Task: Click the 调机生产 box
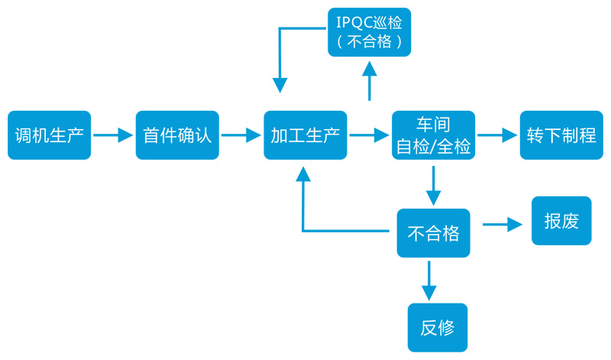pyautogui.click(x=49, y=135)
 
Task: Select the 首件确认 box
pyautogui.click(x=177, y=135)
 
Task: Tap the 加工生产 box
pyautogui.click(x=305, y=135)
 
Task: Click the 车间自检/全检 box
pyautogui.click(x=433, y=135)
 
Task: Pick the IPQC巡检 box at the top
pyautogui.click(x=370, y=31)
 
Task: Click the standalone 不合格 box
pyautogui.click(x=433, y=232)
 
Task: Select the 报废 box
pyautogui.click(x=561, y=221)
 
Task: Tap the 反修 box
pyautogui.click(x=438, y=327)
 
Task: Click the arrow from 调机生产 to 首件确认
pyautogui.click(x=113, y=136)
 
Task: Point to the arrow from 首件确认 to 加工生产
pyautogui.click(x=241, y=136)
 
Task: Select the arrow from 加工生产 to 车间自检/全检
pyautogui.click(x=369, y=136)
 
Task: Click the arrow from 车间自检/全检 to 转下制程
pyautogui.click(x=497, y=136)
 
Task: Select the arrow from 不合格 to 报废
pyautogui.click(x=503, y=225)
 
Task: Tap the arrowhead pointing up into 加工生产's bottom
pyautogui.click(x=303, y=175)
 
